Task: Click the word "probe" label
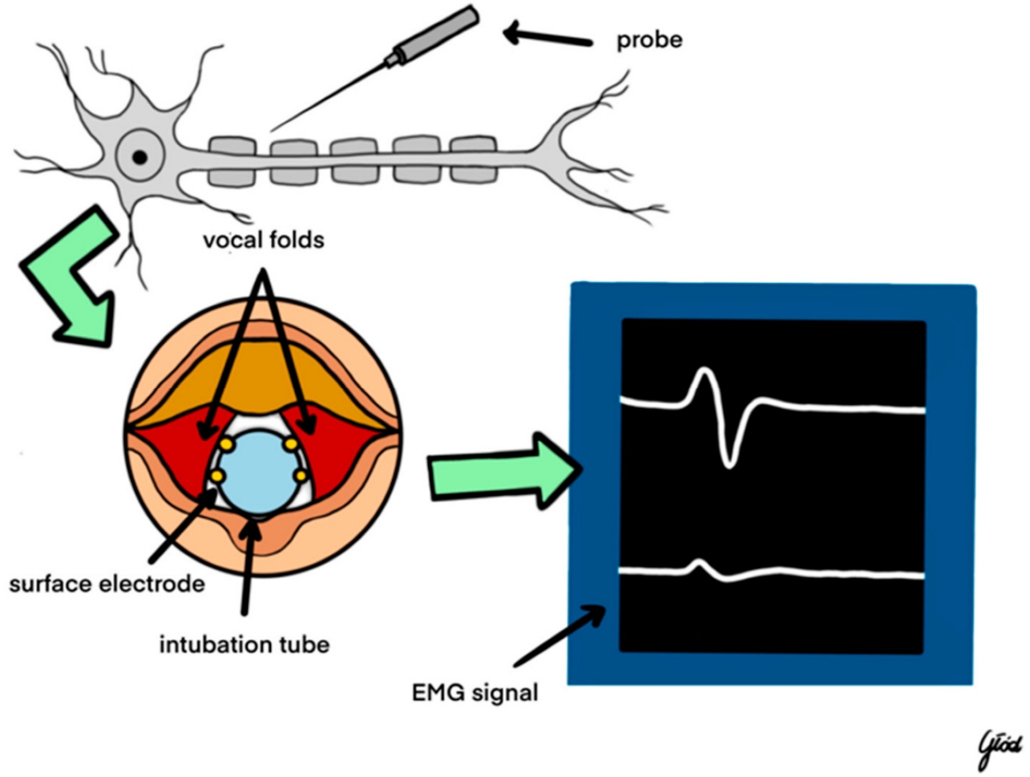648,40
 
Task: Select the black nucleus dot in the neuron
140,157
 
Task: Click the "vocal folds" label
263,240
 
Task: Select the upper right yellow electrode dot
292,443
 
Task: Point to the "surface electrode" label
107,584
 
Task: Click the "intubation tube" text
244,644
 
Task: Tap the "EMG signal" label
475,691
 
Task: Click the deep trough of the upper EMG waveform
728,460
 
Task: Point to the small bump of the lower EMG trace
700,565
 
